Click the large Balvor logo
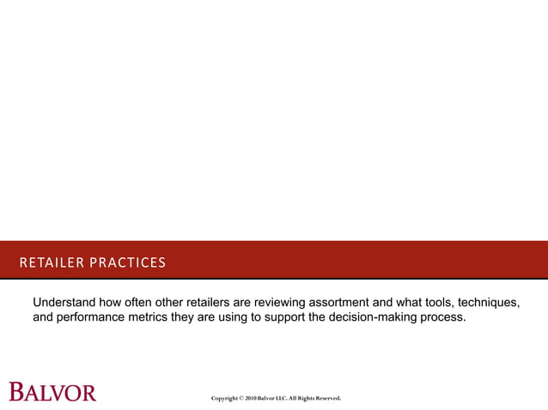tap(52, 392)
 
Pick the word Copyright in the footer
tap(225, 399)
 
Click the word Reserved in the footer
tap(327, 399)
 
